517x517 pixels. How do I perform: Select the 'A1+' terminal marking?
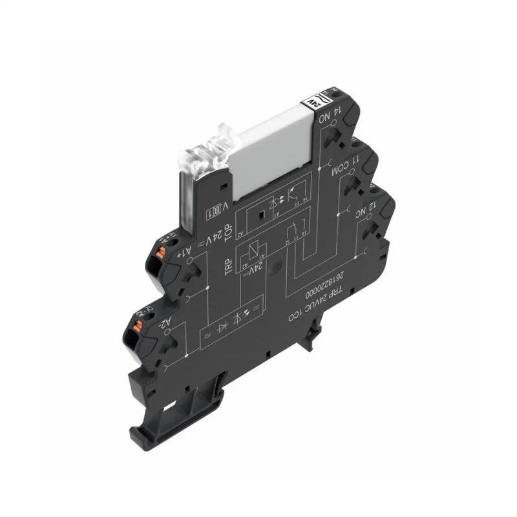coord(185,252)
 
